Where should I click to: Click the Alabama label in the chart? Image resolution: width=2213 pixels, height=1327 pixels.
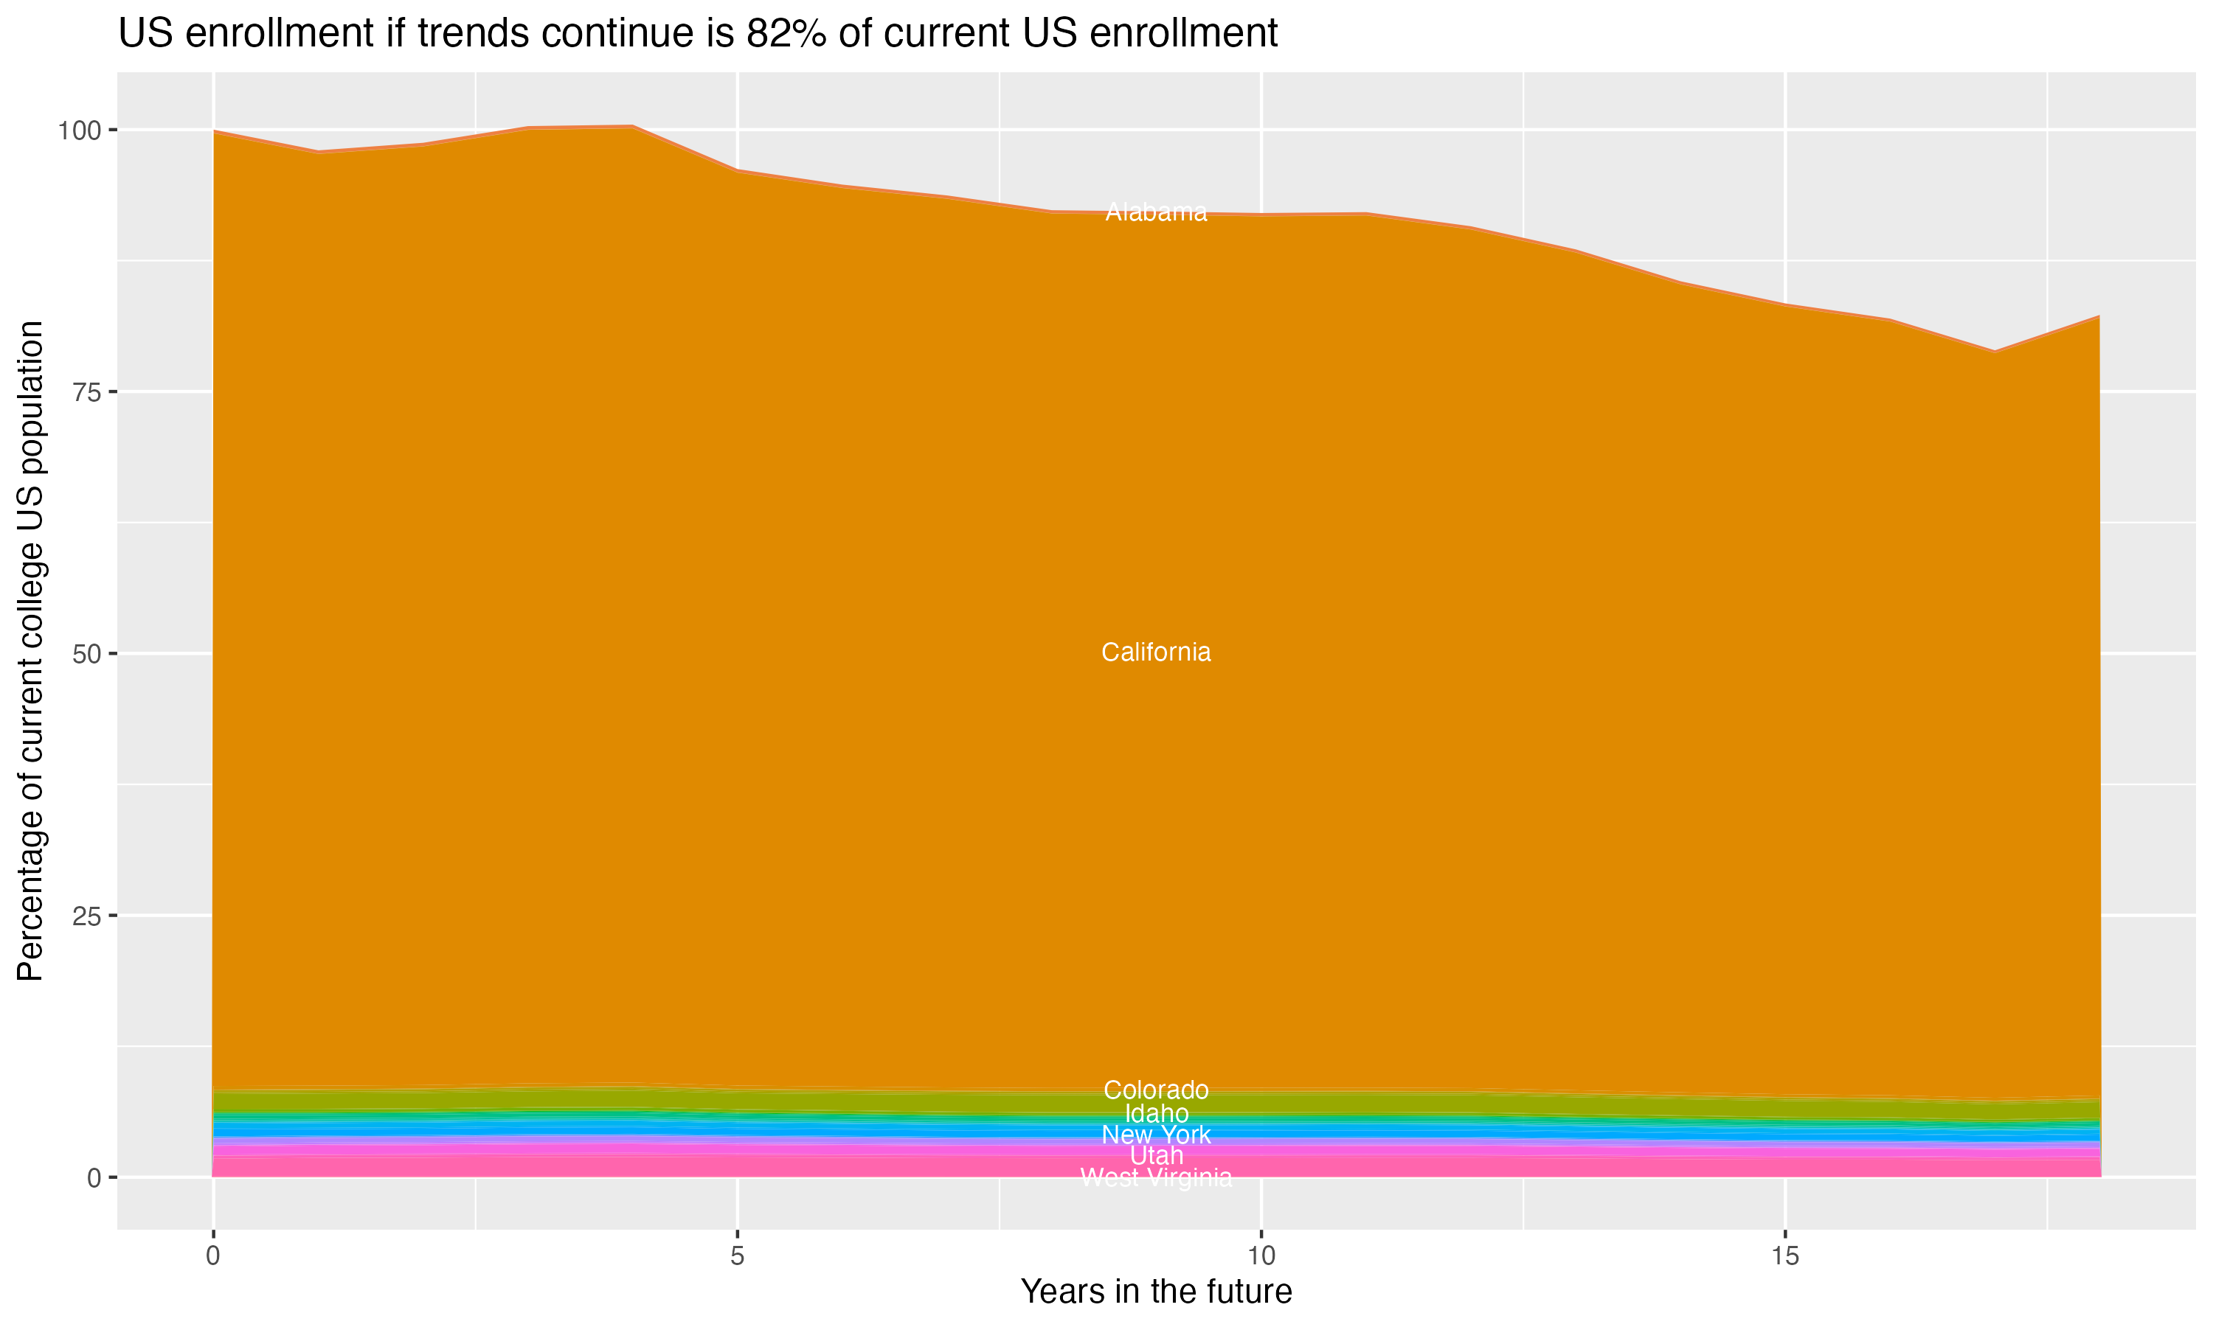click(1156, 213)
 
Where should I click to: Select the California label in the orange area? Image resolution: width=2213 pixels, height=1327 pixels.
click(1156, 652)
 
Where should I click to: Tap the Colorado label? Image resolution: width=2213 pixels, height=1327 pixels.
click(1156, 1090)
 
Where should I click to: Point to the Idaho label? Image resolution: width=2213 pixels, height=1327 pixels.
click(1156, 1113)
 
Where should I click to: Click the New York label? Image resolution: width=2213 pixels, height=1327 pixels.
click(1156, 1135)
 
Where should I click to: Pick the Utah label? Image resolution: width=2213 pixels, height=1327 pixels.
click(1156, 1155)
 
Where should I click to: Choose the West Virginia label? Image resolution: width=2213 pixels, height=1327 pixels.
click(1156, 1177)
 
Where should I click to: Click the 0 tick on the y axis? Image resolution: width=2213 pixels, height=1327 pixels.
click(94, 1177)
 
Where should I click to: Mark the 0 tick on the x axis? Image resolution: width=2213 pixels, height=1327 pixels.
click(213, 1256)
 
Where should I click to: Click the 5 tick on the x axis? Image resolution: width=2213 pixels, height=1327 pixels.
click(737, 1256)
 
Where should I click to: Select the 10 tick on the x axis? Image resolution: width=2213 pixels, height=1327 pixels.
click(1261, 1256)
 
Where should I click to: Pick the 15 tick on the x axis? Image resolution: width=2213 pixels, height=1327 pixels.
click(1784, 1256)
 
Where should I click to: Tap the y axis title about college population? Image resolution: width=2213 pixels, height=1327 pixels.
click(30, 651)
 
